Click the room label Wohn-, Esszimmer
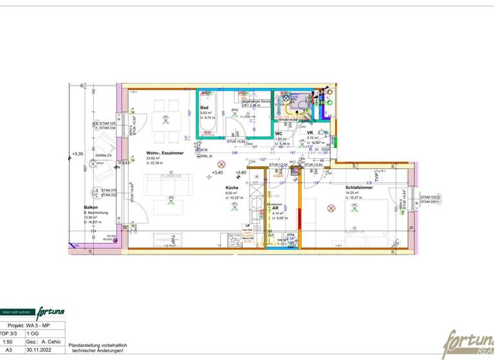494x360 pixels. [x=165, y=153]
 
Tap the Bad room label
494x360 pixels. [x=204, y=107]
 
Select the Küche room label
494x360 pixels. [x=232, y=187]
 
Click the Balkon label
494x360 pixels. [x=91, y=208]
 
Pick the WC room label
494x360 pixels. [x=280, y=134]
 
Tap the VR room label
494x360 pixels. [x=310, y=133]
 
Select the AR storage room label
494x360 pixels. [x=275, y=209]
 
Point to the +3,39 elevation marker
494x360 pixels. [x=78, y=154]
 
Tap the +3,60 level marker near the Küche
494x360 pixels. [x=241, y=173]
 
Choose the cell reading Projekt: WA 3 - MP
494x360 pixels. [x=32, y=327]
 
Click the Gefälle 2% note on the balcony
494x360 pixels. [x=104, y=156]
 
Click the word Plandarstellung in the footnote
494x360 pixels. [x=84, y=345]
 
